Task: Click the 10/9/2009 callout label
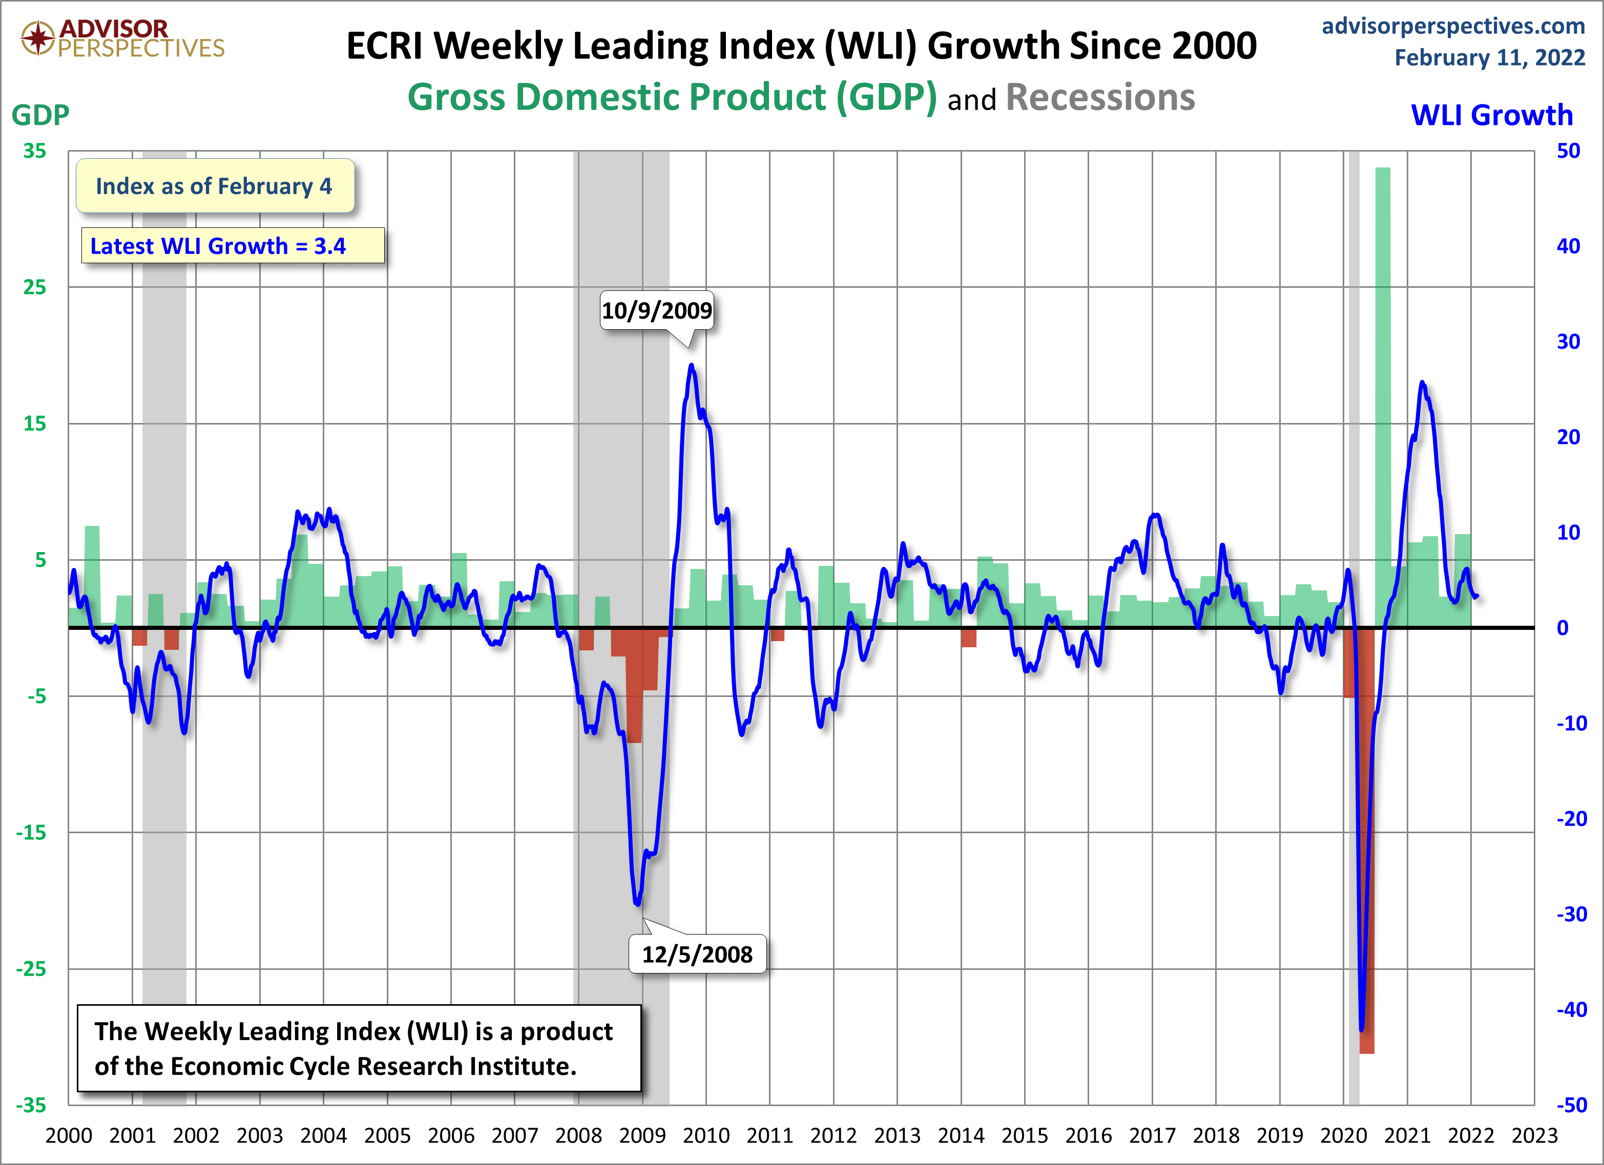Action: tap(656, 310)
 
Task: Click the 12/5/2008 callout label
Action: tap(697, 955)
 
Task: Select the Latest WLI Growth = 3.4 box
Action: tap(233, 246)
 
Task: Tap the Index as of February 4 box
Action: tap(214, 186)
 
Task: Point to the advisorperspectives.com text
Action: tap(1453, 26)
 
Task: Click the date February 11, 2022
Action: tap(1489, 57)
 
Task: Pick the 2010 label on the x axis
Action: tap(706, 1135)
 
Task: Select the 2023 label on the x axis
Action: tap(1534, 1135)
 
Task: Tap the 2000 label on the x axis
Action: tap(69, 1135)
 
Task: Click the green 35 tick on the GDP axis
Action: tap(34, 151)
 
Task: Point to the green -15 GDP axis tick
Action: tap(31, 832)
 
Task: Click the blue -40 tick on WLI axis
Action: tap(1571, 1009)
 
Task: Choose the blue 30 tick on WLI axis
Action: tap(1568, 342)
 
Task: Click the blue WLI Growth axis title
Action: tap(1491, 115)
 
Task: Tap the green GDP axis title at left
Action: tap(40, 115)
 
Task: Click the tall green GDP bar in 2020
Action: tap(1383, 368)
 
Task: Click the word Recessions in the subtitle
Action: tap(1100, 98)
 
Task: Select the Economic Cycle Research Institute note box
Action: tap(359, 1048)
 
